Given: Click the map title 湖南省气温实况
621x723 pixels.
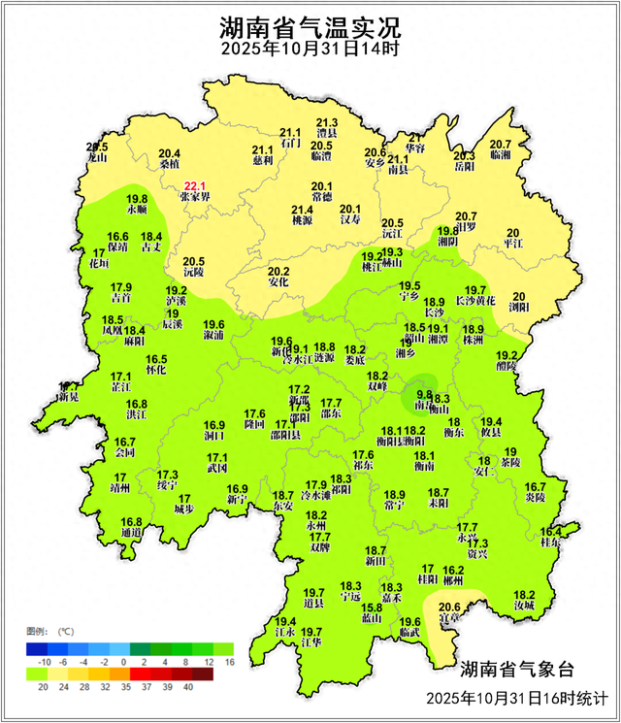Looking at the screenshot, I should (310, 25).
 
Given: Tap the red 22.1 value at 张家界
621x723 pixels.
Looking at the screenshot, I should (195, 184).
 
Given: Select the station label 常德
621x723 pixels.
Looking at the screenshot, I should (322, 198).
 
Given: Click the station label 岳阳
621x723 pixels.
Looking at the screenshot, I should (465, 166).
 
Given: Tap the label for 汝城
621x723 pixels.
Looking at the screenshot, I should (524, 606).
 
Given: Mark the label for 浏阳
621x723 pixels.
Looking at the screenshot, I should (520, 308).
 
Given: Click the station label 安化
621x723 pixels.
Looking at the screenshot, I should (278, 282).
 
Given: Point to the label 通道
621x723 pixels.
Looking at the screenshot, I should (131, 533).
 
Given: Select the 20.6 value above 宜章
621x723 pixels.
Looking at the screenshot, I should (450, 608).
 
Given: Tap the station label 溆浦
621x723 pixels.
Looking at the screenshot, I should (213, 336).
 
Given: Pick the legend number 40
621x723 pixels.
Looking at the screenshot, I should (188, 687).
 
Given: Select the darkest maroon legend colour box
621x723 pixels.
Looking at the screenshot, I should (201, 674).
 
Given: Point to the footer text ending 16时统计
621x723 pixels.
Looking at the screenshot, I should (515, 699).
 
